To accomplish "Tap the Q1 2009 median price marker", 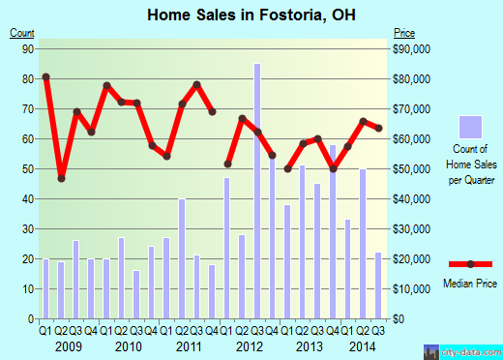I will pyautogui.click(x=45, y=76).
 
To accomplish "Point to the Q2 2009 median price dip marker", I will pyautogui.click(x=61, y=178).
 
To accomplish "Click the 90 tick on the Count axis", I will pyautogui.click(x=27, y=48).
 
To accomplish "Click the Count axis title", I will pyautogui.click(x=22, y=34).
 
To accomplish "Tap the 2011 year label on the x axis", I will pyautogui.click(x=189, y=346).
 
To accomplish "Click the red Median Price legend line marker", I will pyautogui.click(x=470, y=264).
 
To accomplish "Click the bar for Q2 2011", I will pyautogui.click(x=182, y=258).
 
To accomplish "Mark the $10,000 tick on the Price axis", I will pyautogui.click(x=407, y=289).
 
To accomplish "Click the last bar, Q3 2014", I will pyautogui.click(x=377, y=285).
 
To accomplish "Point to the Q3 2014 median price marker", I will pyautogui.click(x=377, y=128).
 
